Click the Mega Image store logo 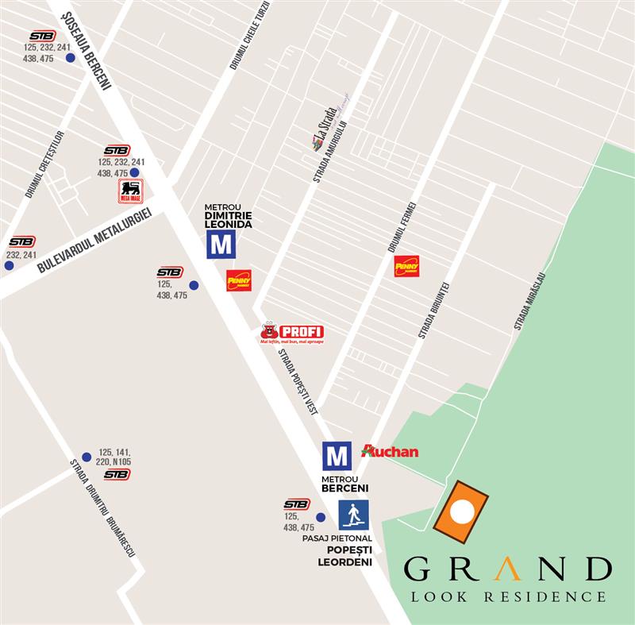tap(130, 191)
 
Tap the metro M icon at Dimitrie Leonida tap(221, 245)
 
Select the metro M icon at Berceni tap(337, 456)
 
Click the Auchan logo tap(390, 451)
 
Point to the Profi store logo tap(292, 333)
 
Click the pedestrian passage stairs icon tap(353, 515)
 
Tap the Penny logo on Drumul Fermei tap(406, 266)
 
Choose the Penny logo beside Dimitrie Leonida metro tap(239, 280)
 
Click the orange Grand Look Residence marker tap(460, 509)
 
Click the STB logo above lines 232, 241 tap(21, 241)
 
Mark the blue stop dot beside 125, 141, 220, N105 tap(87, 457)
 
